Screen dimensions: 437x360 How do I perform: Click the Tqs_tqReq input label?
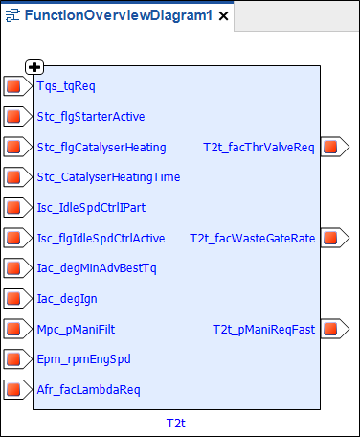[66, 86]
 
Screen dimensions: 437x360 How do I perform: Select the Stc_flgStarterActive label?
[91, 117]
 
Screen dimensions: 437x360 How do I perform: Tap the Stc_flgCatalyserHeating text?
[101, 148]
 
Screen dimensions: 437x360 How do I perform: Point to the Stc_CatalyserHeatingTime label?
[108, 177]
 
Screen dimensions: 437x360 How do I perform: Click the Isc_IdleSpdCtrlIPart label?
[91, 207]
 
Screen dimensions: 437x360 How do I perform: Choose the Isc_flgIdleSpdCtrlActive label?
[101, 238]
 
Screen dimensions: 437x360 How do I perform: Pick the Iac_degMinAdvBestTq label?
[96, 267]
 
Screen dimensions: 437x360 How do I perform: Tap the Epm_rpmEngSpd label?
[84, 358]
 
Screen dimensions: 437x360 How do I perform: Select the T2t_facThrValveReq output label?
[259, 148]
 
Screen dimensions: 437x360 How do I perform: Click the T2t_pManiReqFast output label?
[263, 329]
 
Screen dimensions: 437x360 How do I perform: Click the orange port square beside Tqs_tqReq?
[13, 87]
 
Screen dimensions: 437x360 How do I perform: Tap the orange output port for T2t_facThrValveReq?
[331, 148]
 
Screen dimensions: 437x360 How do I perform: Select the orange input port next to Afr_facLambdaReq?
[13, 389]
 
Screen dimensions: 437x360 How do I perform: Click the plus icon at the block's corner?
[34, 66]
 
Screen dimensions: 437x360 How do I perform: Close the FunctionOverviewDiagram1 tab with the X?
[223, 16]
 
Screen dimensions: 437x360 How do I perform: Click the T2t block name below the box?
[175, 422]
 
